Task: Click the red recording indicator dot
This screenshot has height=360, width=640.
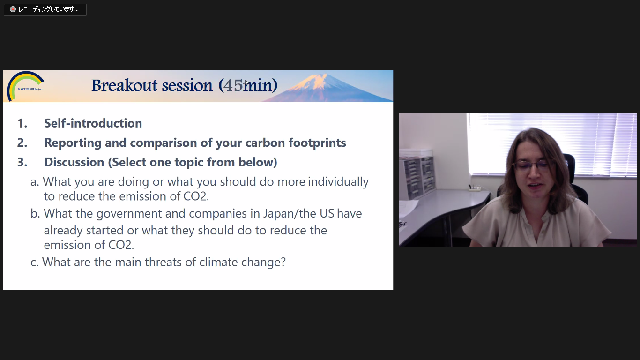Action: coord(13,9)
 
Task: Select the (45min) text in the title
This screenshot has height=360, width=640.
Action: coord(248,85)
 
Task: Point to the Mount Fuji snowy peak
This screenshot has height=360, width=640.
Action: coord(317,82)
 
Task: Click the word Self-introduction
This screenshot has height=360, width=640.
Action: coord(93,123)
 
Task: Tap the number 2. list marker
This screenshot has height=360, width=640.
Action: coord(22,142)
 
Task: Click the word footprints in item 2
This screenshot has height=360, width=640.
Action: coord(317,142)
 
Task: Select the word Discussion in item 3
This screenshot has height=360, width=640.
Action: coord(74,162)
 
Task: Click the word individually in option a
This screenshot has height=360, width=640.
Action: coord(338,182)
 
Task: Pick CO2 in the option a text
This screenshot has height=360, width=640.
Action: coord(196,196)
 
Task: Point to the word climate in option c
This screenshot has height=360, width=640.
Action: coord(218,262)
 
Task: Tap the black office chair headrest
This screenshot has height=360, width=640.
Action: coord(569,166)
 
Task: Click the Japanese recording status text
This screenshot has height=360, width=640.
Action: coord(49,9)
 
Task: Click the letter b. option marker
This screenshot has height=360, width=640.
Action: coord(36,214)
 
